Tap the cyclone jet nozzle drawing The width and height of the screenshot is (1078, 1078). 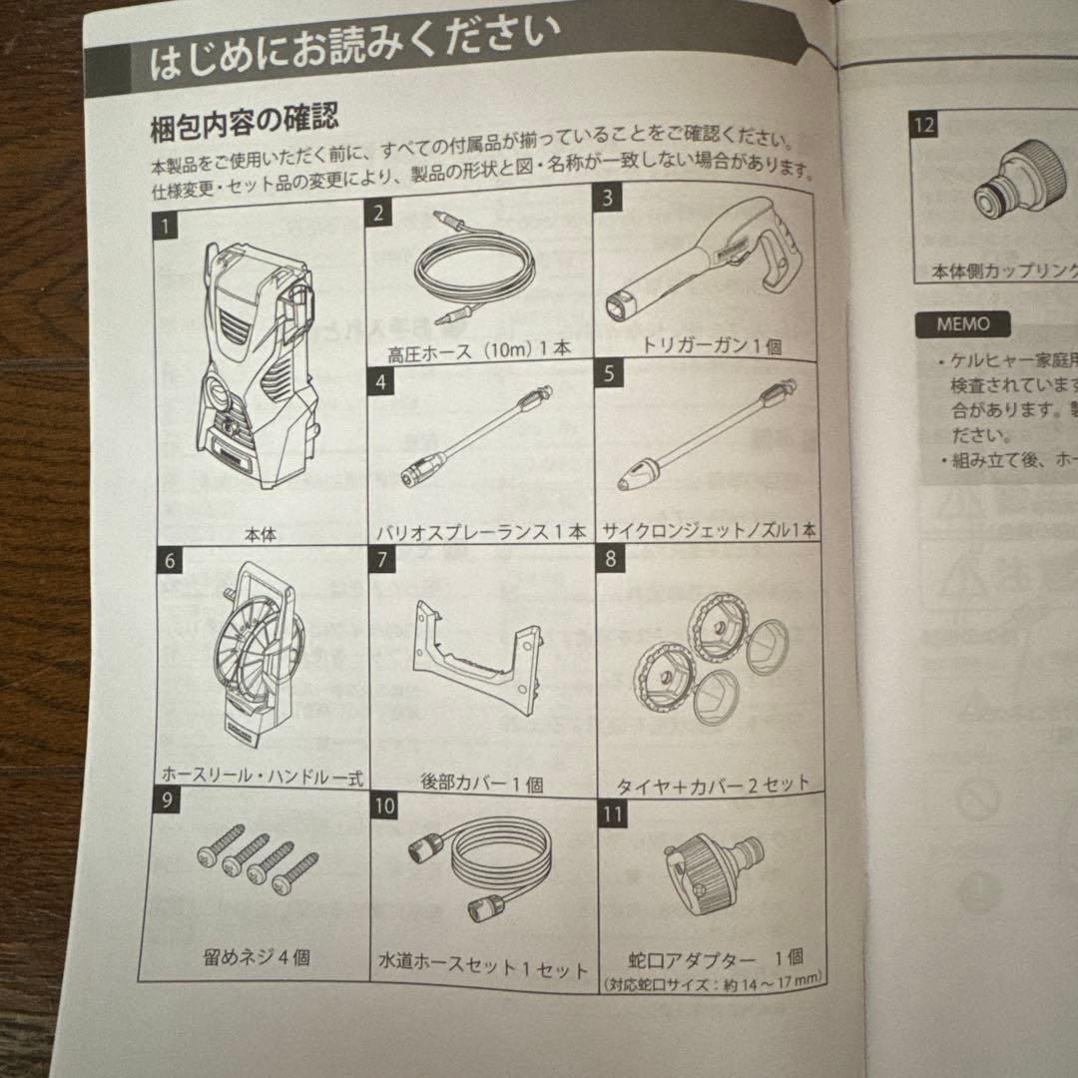(x=704, y=439)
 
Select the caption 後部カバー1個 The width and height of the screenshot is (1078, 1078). (x=483, y=785)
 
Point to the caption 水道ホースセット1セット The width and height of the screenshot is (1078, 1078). (x=482, y=968)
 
